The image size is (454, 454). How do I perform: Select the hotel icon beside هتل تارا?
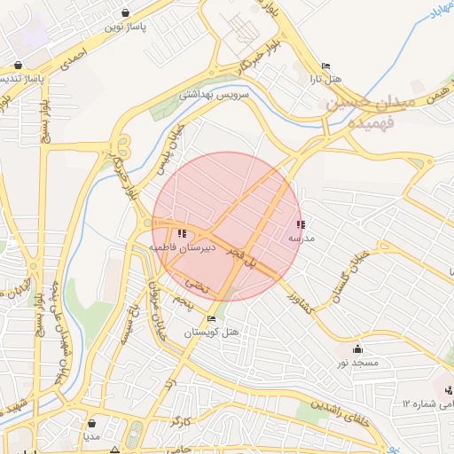325,66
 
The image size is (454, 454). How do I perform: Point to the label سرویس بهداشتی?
216,93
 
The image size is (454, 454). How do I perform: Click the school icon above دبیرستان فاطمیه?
182,233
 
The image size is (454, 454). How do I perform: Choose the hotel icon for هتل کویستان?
211,319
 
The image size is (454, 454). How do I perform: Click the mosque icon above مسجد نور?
357,349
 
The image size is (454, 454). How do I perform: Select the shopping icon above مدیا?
91,423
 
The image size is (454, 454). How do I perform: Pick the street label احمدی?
74,59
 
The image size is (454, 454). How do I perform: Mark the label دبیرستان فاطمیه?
181,249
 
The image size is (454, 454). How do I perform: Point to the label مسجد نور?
357,364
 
